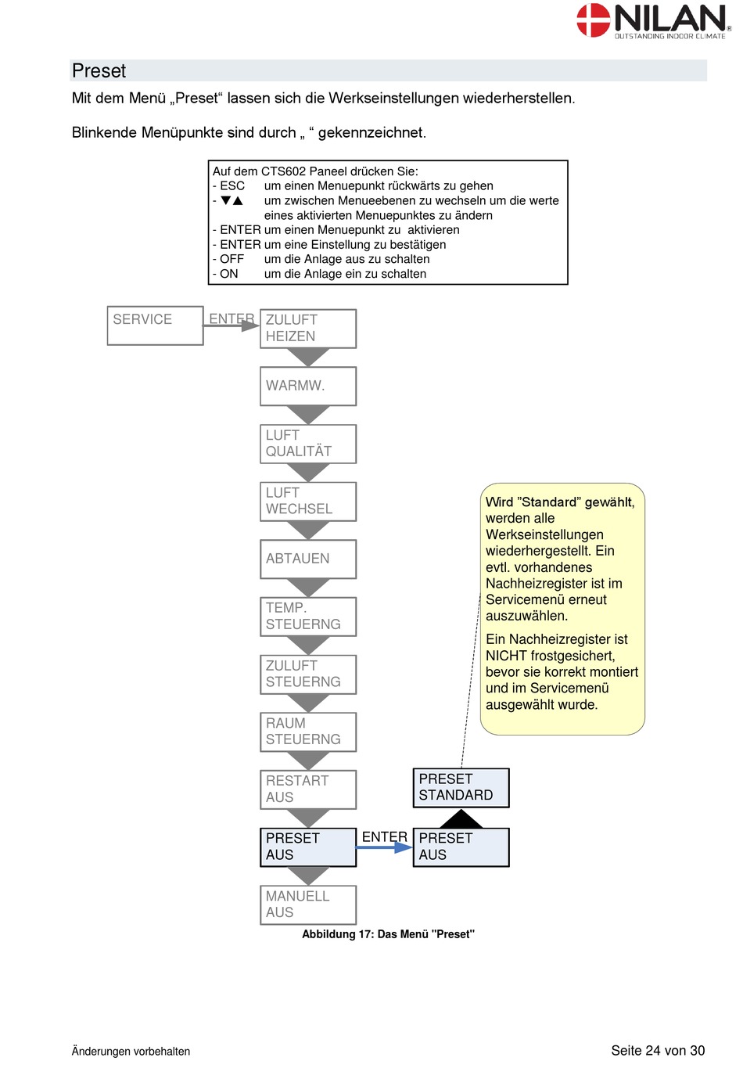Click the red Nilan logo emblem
[x=593, y=20]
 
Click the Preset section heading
[x=99, y=70]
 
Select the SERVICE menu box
[x=155, y=325]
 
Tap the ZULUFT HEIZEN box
[x=308, y=329]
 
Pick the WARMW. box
[x=308, y=387]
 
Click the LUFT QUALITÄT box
[x=308, y=444]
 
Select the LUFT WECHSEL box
[x=308, y=502]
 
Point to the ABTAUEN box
[x=308, y=559]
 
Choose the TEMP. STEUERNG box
[x=308, y=617]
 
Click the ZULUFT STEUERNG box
[x=308, y=674]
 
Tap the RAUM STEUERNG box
[x=308, y=732]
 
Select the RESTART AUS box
[x=308, y=789]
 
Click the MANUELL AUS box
[x=308, y=905]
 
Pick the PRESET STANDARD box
[x=461, y=788]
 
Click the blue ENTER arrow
[x=384, y=847]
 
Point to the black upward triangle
[x=461, y=818]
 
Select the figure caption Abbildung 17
[x=388, y=934]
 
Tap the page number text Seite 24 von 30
[x=658, y=1051]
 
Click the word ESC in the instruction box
[x=232, y=186]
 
